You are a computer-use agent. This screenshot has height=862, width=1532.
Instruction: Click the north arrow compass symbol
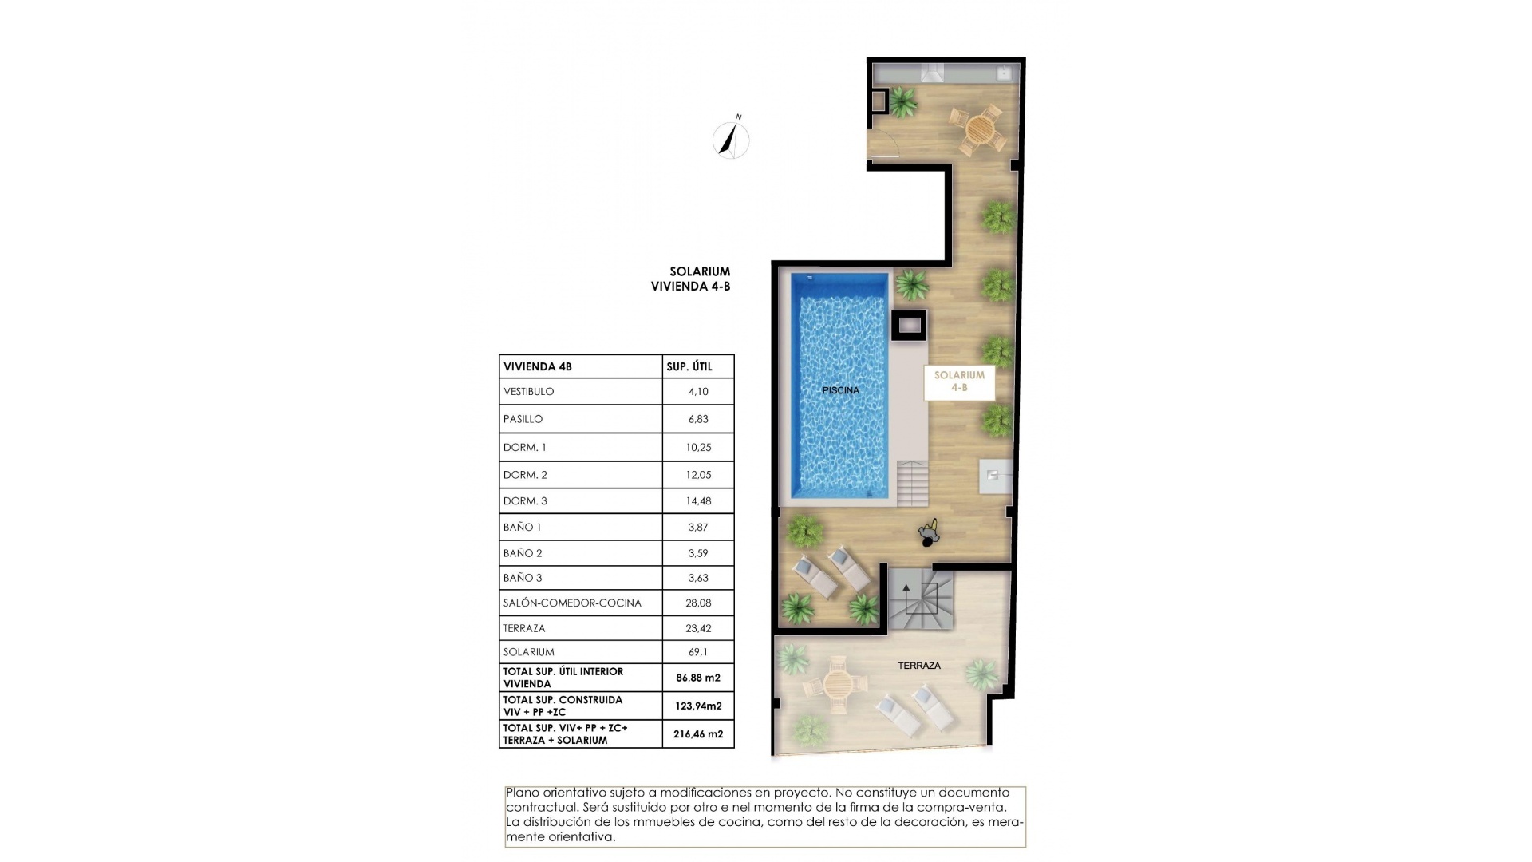(x=730, y=140)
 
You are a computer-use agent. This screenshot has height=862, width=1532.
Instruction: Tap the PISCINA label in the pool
(x=840, y=390)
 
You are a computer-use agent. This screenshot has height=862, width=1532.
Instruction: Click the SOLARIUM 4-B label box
(x=959, y=382)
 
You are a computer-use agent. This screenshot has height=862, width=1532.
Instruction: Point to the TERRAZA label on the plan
(x=918, y=665)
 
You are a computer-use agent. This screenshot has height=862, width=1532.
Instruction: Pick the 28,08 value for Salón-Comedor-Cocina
(x=697, y=603)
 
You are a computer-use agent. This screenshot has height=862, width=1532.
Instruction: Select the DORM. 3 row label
(x=525, y=501)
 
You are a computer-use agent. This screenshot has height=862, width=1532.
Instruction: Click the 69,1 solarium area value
(x=697, y=652)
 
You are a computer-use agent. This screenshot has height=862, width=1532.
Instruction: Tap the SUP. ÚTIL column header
(x=689, y=367)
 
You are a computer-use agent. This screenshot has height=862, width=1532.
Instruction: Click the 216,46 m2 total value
(x=697, y=733)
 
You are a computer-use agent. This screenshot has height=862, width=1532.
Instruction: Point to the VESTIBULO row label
(x=528, y=392)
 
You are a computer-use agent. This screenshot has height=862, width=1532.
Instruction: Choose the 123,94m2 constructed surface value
(x=697, y=706)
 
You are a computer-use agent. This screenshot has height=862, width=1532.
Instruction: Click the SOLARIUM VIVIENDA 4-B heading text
(x=691, y=279)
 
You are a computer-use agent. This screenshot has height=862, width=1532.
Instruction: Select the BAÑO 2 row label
(x=523, y=553)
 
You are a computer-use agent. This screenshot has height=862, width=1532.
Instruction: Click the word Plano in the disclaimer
(x=522, y=793)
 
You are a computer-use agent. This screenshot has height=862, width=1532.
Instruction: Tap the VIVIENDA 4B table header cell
(x=537, y=367)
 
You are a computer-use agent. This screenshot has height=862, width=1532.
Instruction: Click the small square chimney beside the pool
(x=909, y=325)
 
